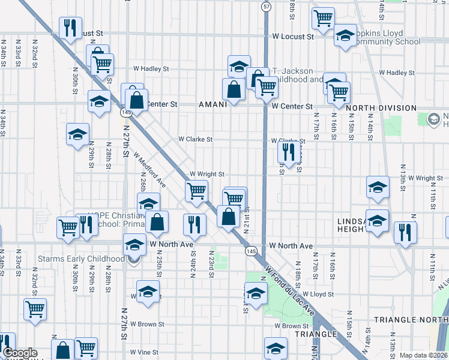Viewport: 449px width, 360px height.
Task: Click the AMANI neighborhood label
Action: pyautogui.click(x=212, y=104)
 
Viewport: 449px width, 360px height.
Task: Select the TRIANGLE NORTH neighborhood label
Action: pyautogui.click(x=402, y=320)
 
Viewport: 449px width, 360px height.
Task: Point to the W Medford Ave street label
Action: pyautogui.click(x=150, y=169)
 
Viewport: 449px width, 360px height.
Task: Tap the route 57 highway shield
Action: pyautogui.click(x=265, y=6)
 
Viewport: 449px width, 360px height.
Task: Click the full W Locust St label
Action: pyautogui.click(x=293, y=37)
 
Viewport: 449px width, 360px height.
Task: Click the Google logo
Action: pyautogui.click(x=20, y=353)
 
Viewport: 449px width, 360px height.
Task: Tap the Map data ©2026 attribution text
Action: pyautogui.click(x=424, y=355)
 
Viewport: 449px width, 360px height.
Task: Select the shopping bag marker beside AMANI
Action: pyautogui.click(x=234, y=90)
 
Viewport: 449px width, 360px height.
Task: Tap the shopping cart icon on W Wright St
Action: pyautogui.click(x=196, y=191)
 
